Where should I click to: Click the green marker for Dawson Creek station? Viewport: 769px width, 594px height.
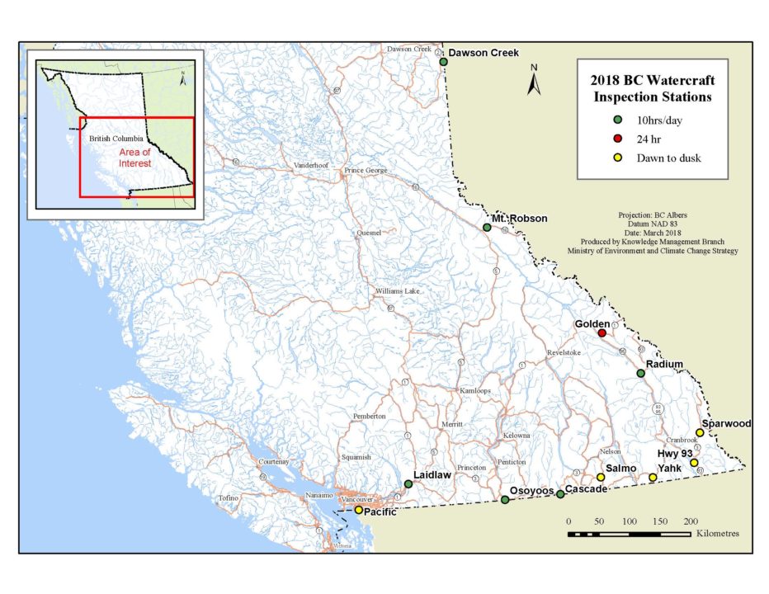click(x=443, y=62)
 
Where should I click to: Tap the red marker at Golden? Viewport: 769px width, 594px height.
click(x=602, y=333)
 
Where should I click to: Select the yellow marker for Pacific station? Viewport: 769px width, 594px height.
click(x=359, y=511)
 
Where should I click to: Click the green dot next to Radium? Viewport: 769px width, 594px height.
click(x=640, y=374)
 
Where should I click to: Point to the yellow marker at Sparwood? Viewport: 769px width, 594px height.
click(x=700, y=432)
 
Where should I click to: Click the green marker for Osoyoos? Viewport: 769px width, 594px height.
click(x=505, y=500)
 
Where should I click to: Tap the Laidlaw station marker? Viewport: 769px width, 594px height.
click(x=408, y=484)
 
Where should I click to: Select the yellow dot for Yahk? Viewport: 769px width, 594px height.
click(x=653, y=478)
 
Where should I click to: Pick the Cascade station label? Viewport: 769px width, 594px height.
click(x=587, y=489)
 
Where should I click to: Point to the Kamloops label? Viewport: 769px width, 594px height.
click(x=477, y=390)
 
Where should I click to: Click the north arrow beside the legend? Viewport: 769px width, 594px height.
click(x=534, y=81)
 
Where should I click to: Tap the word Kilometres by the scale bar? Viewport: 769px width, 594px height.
click(x=717, y=534)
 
